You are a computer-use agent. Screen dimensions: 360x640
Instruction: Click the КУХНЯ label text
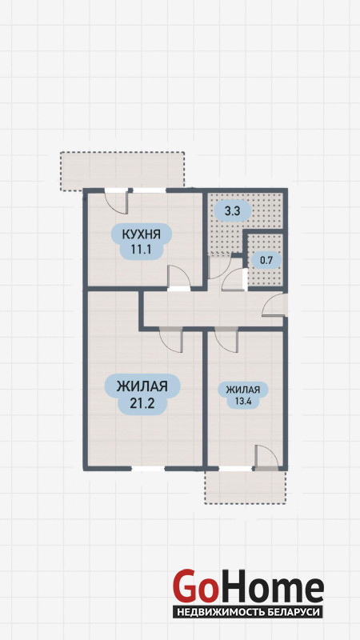tap(142, 234)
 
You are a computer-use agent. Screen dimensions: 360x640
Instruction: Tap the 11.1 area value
tap(142, 249)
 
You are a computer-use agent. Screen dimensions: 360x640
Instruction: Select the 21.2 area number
tap(142, 403)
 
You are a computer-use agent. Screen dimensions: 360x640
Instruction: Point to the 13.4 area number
tap(243, 400)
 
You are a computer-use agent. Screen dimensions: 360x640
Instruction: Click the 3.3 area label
tap(232, 211)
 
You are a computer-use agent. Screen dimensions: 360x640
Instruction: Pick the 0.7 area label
tap(265, 259)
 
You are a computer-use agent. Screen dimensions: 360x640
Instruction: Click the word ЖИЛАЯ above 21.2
tap(142, 386)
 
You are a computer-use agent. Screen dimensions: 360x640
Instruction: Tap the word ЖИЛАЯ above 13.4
tap(243, 389)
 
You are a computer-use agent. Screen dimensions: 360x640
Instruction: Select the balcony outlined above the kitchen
tap(122, 170)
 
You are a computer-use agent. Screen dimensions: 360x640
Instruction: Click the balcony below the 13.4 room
tap(246, 487)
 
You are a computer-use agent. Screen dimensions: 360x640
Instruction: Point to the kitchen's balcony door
tap(116, 201)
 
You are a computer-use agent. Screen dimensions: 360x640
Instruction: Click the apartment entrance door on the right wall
tap(275, 305)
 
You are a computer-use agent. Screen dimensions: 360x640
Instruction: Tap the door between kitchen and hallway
tap(178, 278)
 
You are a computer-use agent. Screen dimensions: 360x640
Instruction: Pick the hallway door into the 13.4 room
tap(226, 339)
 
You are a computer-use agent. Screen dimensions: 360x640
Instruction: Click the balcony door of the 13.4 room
tap(266, 458)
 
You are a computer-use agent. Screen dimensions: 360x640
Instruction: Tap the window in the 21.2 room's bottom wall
tap(148, 468)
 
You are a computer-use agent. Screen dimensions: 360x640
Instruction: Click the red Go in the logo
tap(194, 586)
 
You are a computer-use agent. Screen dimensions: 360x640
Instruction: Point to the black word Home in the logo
tap(270, 586)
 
